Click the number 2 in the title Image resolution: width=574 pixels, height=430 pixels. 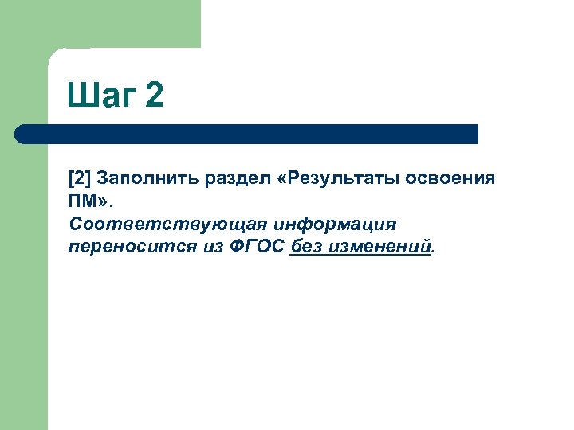(x=155, y=96)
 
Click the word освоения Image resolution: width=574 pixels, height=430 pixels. (x=450, y=178)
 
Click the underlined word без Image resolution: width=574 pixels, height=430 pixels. (x=307, y=247)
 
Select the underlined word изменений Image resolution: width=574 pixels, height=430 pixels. (x=381, y=247)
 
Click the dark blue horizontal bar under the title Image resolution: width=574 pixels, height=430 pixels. (x=247, y=134)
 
